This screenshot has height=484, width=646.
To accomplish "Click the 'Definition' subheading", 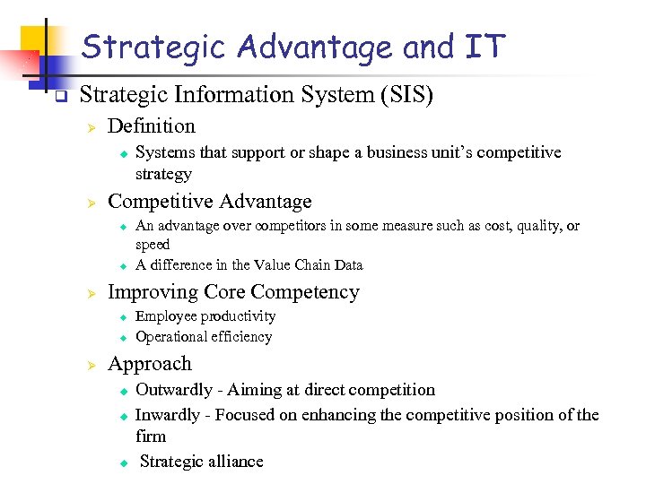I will tap(151, 126).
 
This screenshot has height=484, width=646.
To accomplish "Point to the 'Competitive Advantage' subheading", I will tap(209, 202).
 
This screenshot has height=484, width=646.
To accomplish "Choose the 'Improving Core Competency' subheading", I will tap(233, 292).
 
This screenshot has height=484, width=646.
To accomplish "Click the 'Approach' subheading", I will tap(149, 364).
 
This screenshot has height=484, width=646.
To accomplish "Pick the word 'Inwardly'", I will tap(168, 414).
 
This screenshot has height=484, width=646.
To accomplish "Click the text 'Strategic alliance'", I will tap(202, 462).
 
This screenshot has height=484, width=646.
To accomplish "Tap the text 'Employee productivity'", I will tap(205, 316).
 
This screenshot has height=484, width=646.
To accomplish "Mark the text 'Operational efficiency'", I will tap(204, 337).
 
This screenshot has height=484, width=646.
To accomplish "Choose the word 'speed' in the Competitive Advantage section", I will tap(153, 245).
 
